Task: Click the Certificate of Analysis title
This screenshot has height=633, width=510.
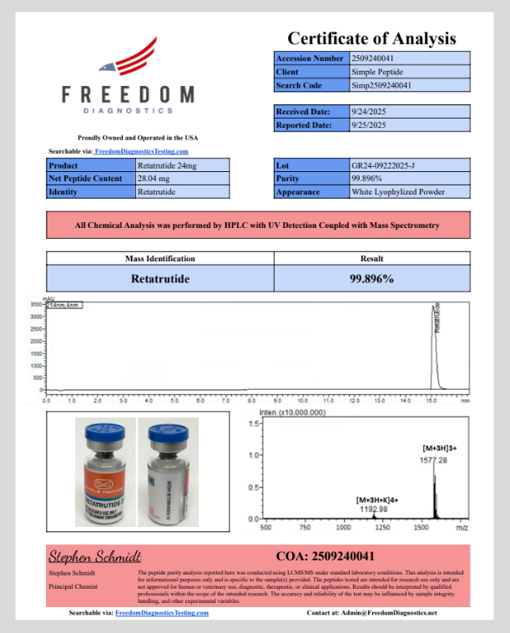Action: click(371, 38)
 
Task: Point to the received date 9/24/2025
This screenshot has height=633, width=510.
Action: click(368, 111)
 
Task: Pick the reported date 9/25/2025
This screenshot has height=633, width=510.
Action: click(368, 125)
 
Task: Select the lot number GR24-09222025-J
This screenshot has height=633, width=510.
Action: click(386, 165)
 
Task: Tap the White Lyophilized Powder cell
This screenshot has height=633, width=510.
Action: click(398, 192)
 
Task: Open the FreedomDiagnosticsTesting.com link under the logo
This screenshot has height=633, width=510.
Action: click(141, 151)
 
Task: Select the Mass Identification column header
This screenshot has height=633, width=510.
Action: click(159, 259)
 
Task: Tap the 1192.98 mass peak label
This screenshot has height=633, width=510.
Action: click(372, 509)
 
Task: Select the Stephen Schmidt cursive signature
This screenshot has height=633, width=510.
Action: click(93, 556)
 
